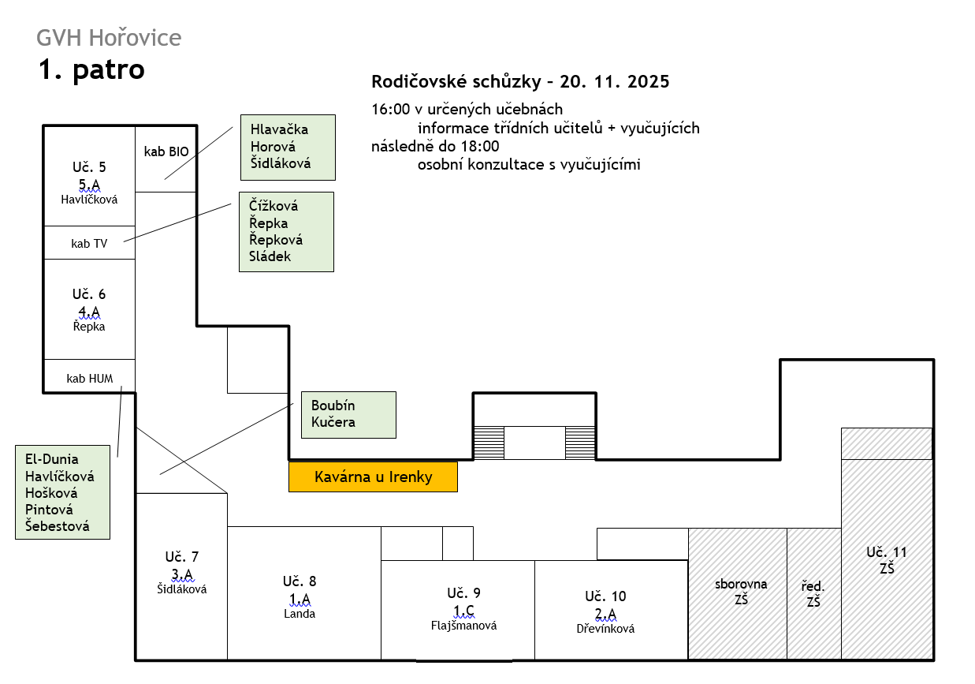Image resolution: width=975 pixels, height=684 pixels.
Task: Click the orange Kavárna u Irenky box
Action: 373,477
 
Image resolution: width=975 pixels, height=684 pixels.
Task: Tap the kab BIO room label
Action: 166,151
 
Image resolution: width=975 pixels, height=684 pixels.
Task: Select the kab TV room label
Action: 89,244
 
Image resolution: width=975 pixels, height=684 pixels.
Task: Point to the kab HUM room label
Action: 89,379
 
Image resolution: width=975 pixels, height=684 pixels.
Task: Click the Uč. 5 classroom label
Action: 89,166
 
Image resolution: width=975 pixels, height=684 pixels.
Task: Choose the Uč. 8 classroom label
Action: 300,581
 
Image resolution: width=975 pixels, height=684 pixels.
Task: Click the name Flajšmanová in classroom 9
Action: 464,626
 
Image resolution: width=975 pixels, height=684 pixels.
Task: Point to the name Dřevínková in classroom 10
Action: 605,629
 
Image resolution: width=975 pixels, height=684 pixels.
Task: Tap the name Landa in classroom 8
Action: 300,614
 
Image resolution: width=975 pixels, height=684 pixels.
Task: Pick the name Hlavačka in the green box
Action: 279,129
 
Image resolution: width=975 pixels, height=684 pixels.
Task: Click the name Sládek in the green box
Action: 270,256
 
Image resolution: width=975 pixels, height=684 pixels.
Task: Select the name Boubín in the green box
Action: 333,406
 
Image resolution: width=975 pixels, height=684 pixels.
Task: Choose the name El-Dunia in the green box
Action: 52,458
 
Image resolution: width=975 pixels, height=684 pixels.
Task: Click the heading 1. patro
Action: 92,70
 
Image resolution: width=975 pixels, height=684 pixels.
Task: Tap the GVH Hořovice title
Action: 109,37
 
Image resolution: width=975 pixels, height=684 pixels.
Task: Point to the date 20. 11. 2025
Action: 615,81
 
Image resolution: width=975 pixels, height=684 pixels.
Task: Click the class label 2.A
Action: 605,614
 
